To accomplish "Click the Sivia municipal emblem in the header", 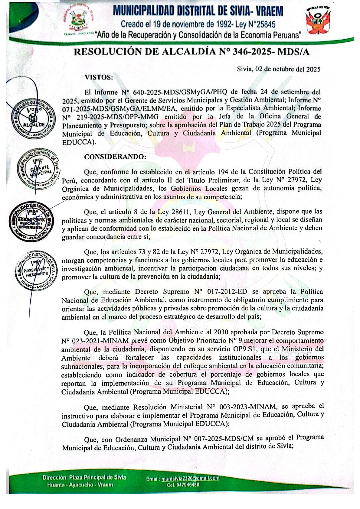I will (x=78, y=20).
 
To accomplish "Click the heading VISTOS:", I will (x=99, y=77).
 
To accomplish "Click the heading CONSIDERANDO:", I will (x=115, y=157).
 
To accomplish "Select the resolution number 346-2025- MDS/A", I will (x=271, y=52).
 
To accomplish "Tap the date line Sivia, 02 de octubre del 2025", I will (x=278, y=69).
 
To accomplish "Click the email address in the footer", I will (x=190, y=478).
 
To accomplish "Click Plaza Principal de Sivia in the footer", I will (x=97, y=478).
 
